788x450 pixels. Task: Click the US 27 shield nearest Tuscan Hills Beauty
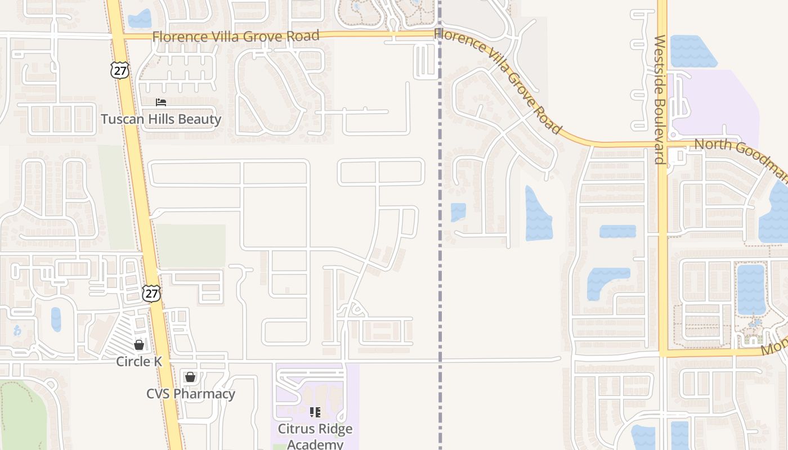point(120,70)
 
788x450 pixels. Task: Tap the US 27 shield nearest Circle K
point(151,293)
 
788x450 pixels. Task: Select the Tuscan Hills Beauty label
point(161,119)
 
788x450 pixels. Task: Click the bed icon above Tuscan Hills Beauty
point(161,102)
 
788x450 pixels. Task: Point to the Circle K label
point(139,361)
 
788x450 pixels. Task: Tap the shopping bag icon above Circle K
point(139,344)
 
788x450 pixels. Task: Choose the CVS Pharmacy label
point(191,393)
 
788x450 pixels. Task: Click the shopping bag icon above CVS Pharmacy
point(190,376)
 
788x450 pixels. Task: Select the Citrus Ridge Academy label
point(315,436)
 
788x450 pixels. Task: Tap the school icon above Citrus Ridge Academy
point(315,412)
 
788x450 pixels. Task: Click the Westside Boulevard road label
point(660,100)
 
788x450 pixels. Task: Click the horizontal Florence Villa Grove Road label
point(236,36)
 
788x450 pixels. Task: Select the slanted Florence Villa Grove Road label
point(499,82)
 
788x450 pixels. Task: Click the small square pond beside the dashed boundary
point(458,212)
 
